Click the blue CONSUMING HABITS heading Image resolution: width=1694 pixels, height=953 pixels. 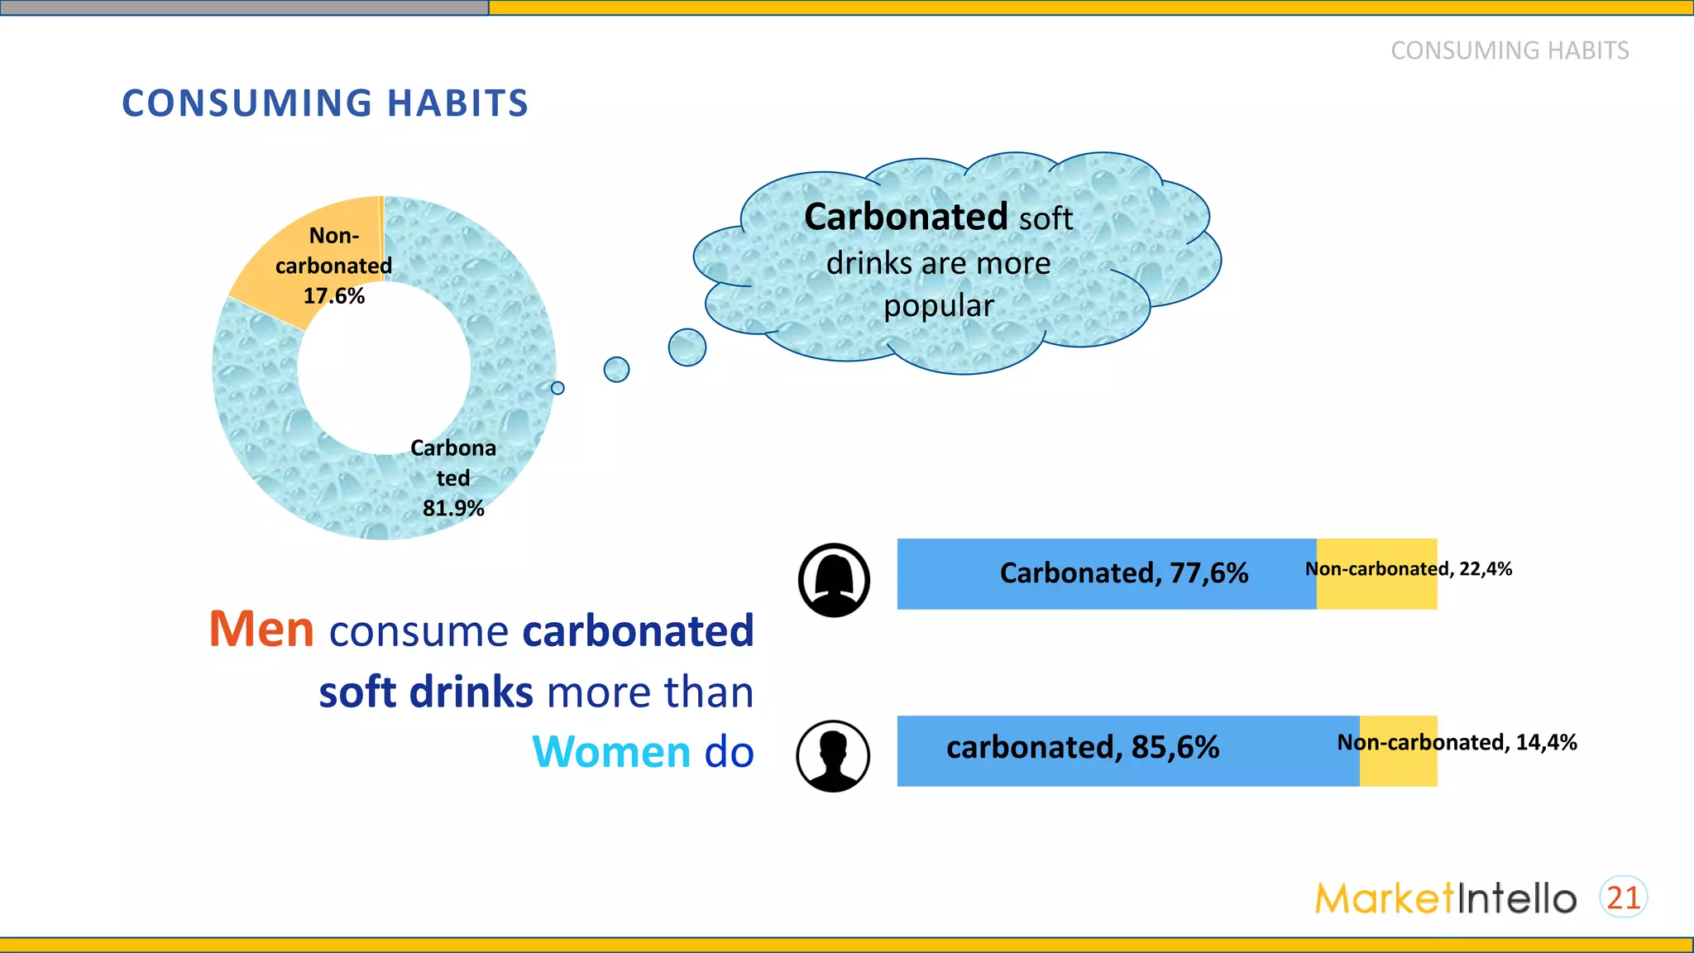[x=324, y=103]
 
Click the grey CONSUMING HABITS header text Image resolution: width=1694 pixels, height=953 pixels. [x=1509, y=50]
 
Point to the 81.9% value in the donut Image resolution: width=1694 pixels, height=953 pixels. [x=452, y=508]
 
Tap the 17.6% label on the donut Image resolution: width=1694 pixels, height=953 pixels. [x=333, y=296]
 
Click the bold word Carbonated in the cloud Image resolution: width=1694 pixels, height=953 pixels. [x=905, y=218]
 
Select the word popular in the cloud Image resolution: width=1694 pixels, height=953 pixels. [x=938, y=306]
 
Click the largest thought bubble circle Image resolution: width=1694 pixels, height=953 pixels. [x=687, y=347]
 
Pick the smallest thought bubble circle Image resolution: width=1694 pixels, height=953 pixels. [x=557, y=388]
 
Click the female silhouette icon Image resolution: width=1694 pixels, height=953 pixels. [x=834, y=580]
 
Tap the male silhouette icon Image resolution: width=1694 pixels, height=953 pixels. [x=833, y=755]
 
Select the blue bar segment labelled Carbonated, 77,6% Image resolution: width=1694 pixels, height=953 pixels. [x=1105, y=574]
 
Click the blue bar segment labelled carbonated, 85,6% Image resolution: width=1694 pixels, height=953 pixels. [x=1127, y=750]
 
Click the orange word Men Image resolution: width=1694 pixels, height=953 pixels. [x=261, y=629]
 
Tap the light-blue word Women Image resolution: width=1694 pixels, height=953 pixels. [x=610, y=752]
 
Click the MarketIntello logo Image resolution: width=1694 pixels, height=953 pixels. [x=1445, y=898]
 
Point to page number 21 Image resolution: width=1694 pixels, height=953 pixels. [x=1623, y=898]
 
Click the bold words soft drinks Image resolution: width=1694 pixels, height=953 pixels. [x=426, y=692]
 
